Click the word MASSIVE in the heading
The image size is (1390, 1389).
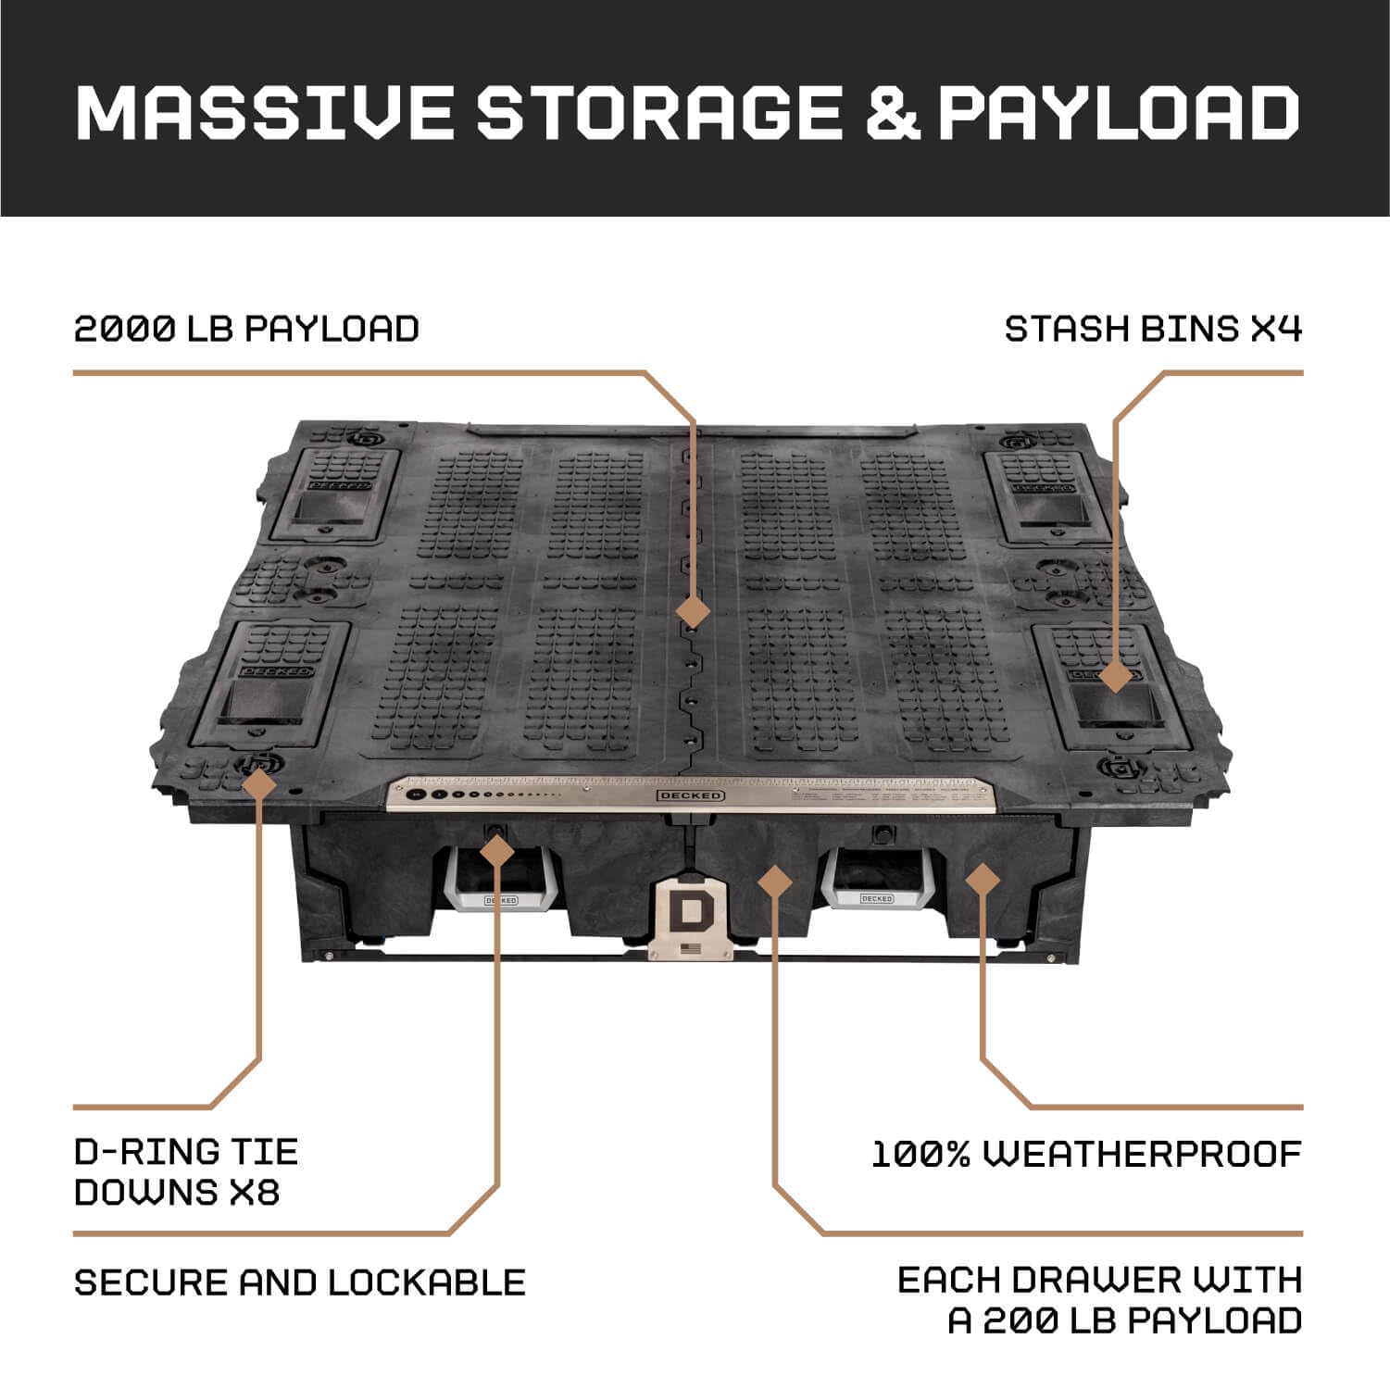[x=264, y=112]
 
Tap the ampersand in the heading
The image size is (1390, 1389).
[x=893, y=112]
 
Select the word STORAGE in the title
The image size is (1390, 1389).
[x=658, y=112]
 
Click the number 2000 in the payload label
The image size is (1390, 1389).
[x=125, y=329]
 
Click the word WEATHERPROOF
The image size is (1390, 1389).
[x=1142, y=1154]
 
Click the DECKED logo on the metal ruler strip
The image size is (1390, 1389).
[x=691, y=795]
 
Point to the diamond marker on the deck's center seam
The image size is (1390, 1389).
[x=693, y=612]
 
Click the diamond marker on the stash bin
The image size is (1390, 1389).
[x=1115, y=674]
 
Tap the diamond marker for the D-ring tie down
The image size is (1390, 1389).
[x=259, y=783]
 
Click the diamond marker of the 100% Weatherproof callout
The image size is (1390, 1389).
[x=983, y=879]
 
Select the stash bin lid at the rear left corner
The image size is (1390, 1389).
[x=334, y=495]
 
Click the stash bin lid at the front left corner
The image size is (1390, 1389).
[x=271, y=683]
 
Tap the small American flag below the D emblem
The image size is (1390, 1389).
[x=689, y=948]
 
